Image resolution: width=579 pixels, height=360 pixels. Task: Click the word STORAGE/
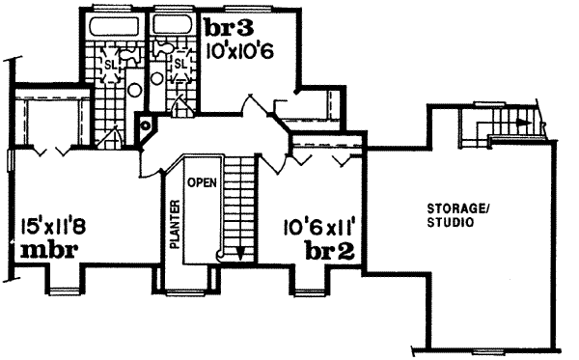(x=451, y=209)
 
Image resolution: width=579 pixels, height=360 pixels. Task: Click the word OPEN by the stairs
(x=201, y=181)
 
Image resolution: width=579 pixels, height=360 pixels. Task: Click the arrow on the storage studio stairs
(x=521, y=123)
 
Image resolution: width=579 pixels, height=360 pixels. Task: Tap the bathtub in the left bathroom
(x=113, y=26)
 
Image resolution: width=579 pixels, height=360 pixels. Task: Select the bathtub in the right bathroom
(x=172, y=26)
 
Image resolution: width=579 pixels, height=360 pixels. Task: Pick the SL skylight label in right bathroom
(x=179, y=65)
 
